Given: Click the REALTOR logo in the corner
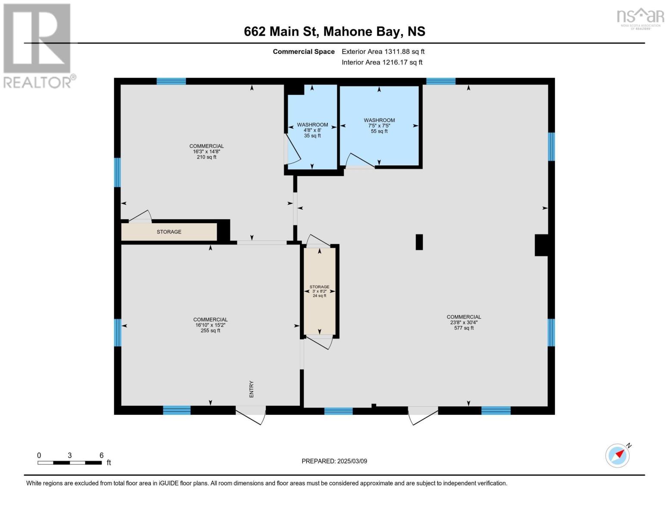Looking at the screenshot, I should (x=38, y=45).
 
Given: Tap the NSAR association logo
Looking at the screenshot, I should (x=640, y=18).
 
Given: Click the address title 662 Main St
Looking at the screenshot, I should (x=334, y=31).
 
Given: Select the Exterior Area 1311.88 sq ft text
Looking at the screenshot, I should (x=383, y=52).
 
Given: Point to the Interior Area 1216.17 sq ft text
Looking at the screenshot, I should (x=382, y=62).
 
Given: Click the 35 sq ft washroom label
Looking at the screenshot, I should (x=312, y=130).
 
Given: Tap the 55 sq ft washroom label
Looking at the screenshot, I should (x=379, y=126).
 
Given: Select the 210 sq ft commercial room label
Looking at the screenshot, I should (x=206, y=152).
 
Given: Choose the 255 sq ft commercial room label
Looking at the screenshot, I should (x=210, y=325).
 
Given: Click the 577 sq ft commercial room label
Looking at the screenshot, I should (x=464, y=322).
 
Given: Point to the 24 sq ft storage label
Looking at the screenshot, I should (x=319, y=291).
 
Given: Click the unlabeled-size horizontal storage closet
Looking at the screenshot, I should (x=169, y=232).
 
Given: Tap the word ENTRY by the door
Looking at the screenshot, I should (x=251, y=389).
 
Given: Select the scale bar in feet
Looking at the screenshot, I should (x=70, y=462).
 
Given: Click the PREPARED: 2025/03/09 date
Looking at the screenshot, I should (x=334, y=461).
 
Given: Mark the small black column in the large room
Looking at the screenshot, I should (x=419, y=242).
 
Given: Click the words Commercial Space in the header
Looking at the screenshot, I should (x=304, y=52).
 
